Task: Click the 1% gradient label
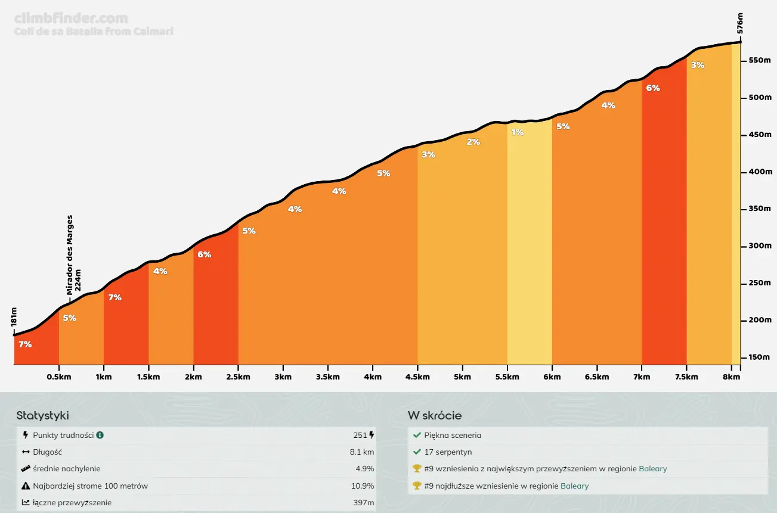tap(517, 132)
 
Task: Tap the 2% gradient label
tap(473, 142)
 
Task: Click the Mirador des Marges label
tap(70, 254)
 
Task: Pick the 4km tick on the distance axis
tap(373, 377)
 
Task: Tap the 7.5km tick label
tap(686, 377)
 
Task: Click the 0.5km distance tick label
tap(58, 377)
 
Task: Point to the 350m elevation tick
tap(760, 209)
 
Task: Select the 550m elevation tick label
tap(760, 61)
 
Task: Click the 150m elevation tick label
tap(760, 357)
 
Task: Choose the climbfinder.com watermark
tap(70, 18)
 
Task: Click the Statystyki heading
tap(42, 416)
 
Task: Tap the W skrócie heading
tap(435, 416)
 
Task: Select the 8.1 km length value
tap(362, 452)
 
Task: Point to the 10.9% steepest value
tap(363, 486)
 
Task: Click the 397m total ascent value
tap(364, 503)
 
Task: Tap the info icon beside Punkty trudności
tap(100, 436)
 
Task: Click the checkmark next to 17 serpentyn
tap(417, 452)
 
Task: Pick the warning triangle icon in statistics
tap(26, 486)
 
